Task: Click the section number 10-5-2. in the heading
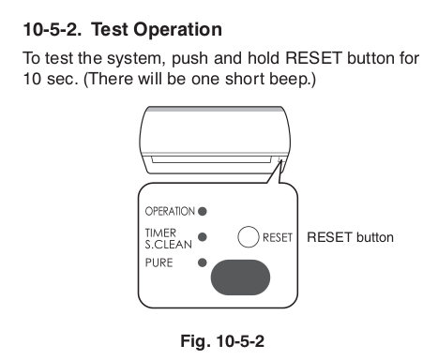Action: pyautogui.click(x=53, y=29)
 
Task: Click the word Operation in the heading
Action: pyautogui.click(x=178, y=30)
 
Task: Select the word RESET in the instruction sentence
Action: pyautogui.click(x=313, y=58)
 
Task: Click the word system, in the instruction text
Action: pyautogui.click(x=136, y=59)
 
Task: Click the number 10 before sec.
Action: pyautogui.click(x=32, y=79)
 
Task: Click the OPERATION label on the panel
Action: pyautogui.click(x=170, y=212)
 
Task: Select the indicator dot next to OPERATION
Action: pyautogui.click(x=203, y=212)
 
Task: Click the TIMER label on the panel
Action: pyautogui.click(x=160, y=232)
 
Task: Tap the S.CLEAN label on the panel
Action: pyautogui.click(x=168, y=245)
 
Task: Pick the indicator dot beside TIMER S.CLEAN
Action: pyautogui.click(x=203, y=237)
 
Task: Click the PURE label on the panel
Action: pyautogui.click(x=159, y=262)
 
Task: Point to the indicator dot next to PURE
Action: pyautogui.click(x=203, y=262)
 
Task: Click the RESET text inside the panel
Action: pyautogui.click(x=278, y=237)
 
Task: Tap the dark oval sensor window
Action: pyautogui.click(x=240, y=277)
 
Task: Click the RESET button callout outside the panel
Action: pyautogui.click(x=350, y=237)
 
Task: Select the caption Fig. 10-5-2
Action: pyautogui.click(x=222, y=341)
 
